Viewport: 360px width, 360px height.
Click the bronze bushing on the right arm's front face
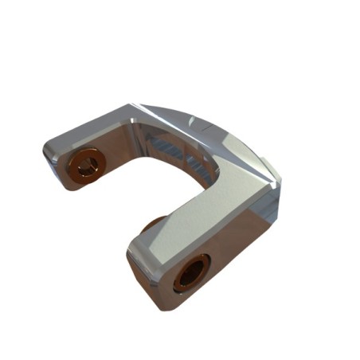[192, 272]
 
